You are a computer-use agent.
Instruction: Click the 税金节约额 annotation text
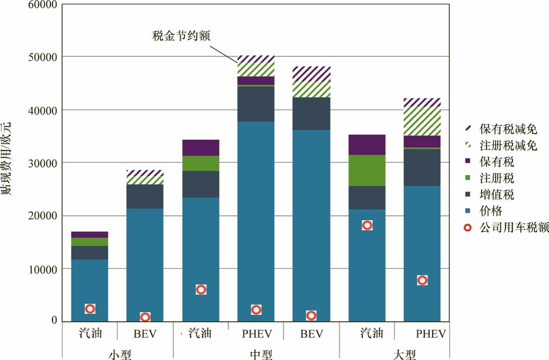click(181, 36)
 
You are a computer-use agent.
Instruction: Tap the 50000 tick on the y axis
click(42, 57)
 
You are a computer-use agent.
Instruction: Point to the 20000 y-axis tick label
click(42, 216)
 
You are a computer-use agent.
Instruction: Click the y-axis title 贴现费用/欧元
click(6, 158)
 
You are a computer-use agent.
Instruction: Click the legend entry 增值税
click(496, 194)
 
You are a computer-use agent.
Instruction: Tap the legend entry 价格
click(491, 211)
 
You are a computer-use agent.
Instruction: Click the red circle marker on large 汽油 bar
click(367, 225)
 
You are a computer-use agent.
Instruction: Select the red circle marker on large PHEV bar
click(422, 280)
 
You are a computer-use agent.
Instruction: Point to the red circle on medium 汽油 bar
click(201, 289)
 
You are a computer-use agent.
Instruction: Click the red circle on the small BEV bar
click(145, 317)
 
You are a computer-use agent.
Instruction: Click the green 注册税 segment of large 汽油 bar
click(367, 170)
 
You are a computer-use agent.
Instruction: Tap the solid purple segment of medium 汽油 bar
click(201, 148)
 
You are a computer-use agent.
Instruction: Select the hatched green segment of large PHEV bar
click(422, 121)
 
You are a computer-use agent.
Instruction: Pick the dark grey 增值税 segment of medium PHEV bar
click(256, 104)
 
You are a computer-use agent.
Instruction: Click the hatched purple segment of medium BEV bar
click(312, 74)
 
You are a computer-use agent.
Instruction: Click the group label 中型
click(261, 355)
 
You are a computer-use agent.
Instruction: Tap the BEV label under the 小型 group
click(145, 334)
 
